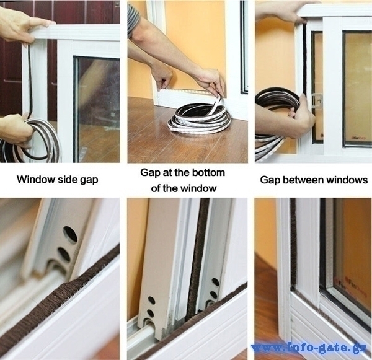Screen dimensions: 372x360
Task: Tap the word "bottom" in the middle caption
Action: coord(208,173)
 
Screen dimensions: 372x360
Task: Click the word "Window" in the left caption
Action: coord(37,180)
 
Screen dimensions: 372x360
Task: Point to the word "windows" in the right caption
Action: coord(347,180)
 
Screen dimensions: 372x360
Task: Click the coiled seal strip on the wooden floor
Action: coord(199,117)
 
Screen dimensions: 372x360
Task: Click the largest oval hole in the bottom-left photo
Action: coord(71,234)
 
